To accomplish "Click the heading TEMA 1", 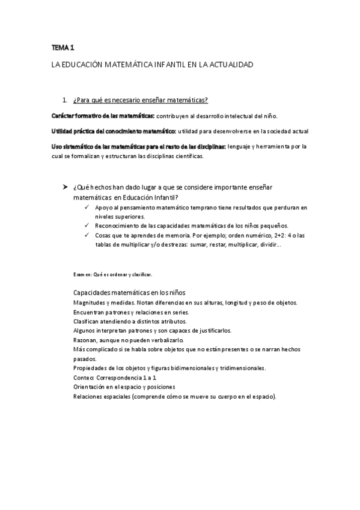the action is pos(63,47).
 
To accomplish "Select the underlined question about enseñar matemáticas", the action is pos(140,100).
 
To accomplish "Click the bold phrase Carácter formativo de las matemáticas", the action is pos(103,115).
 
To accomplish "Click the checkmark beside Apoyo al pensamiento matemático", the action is pos(88,207).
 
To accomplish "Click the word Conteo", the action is pos(84,377).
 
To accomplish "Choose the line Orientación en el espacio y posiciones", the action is pos(126,387).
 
